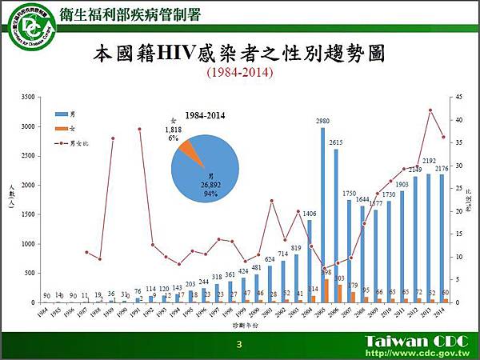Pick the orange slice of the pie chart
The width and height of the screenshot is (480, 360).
(x=187, y=148)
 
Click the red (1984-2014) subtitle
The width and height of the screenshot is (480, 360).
(x=240, y=72)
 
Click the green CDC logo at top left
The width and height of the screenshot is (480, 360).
(x=24, y=25)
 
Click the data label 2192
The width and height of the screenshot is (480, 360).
(x=429, y=161)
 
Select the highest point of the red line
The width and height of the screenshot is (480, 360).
(x=430, y=110)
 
